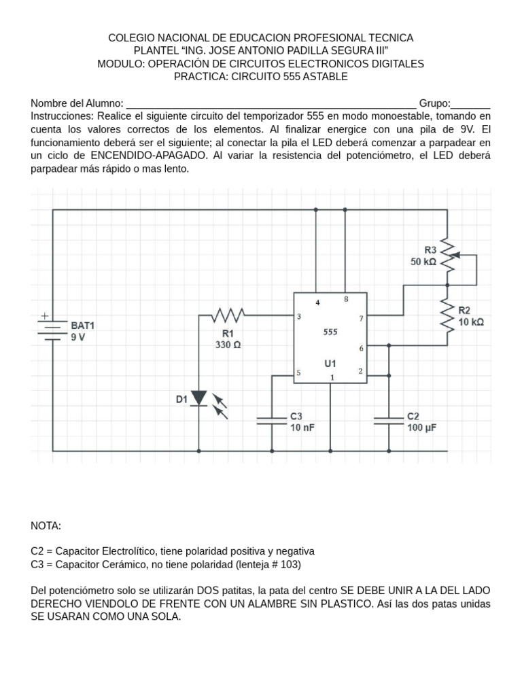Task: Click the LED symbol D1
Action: [x=198, y=398]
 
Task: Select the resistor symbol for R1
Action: [x=228, y=315]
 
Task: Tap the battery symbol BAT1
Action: [x=54, y=328]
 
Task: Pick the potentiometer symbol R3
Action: [x=447, y=257]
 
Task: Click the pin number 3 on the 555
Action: [x=300, y=317]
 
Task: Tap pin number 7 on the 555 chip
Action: [x=360, y=317]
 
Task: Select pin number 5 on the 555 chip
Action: [x=299, y=372]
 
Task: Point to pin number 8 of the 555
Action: [x=345, y=299]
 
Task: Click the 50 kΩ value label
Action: [x=423, y=262]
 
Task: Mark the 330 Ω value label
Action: [x=228, y=345]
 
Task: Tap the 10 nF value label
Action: [x=303, y=428]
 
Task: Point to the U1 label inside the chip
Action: [x=330, y=364]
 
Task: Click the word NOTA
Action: [x=46, y=525]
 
